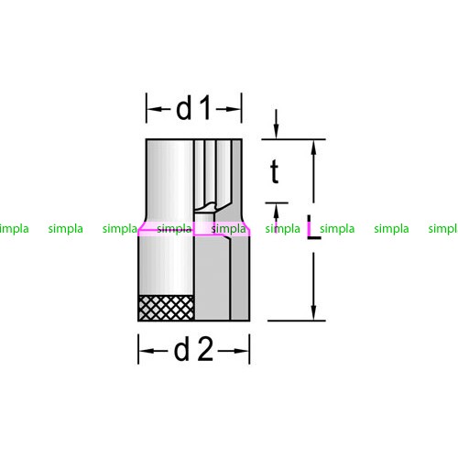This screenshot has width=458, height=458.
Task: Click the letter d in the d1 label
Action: (184, 107)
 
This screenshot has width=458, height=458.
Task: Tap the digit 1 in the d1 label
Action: (205, 107)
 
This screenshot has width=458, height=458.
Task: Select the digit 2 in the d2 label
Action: (205, 350)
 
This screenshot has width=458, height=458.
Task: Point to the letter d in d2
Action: (181, 350)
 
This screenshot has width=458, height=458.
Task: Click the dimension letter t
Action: (275, 171)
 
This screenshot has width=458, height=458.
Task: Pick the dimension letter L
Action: (313, 226)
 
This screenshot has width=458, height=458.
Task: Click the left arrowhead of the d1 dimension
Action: (152, 109)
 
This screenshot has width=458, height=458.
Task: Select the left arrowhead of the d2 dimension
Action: (145, 351)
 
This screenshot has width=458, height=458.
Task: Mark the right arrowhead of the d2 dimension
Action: (244, 351)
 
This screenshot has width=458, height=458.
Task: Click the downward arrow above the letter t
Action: (276, 124)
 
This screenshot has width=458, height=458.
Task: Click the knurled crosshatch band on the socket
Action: (167, 308)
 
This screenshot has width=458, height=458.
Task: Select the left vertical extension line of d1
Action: (147, 108)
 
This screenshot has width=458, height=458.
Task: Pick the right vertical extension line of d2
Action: (249, 349)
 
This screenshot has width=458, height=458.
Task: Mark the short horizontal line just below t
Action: (277, 202)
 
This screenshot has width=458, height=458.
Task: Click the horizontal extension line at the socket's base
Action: (297, 321)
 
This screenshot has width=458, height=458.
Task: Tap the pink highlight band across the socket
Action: (194, 229)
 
